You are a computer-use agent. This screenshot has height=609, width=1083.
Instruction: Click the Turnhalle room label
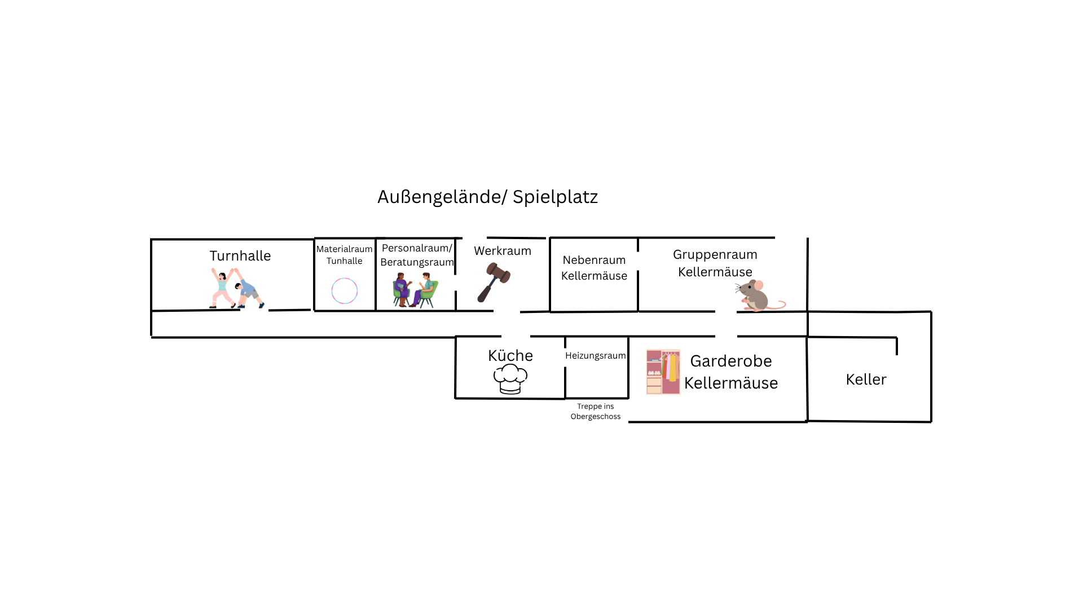click(x=240, y=256)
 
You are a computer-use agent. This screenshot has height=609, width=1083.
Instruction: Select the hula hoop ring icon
click(x=345, y=291)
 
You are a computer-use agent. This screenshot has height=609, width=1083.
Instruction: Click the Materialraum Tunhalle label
click(x=344, y=255)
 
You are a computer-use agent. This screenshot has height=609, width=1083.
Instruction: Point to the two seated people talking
click(x=415, y=290)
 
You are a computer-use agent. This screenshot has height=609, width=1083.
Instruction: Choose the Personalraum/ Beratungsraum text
click(x=417, y=255)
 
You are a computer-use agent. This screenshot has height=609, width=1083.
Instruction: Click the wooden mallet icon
click(x=494, y=282)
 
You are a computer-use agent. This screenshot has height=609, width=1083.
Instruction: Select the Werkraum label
click(x=503, y=251)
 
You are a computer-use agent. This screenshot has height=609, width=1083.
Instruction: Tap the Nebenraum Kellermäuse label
click(x=594, y=268)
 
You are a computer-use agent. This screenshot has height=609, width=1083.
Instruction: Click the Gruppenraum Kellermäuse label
click(x=715, y=263)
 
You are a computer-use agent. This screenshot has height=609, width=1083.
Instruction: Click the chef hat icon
click(x=510, y=378)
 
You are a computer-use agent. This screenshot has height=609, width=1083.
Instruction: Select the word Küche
click(x=510, y=356)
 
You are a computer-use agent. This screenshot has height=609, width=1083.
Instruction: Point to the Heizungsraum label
click(x=596, y=356)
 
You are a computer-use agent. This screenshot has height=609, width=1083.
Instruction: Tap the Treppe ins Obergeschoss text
click(x=596, y=412)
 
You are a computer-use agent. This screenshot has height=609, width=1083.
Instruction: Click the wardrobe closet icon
click(x=663, y=372)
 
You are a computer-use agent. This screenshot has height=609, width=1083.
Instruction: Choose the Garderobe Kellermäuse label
click(x=731, y=372)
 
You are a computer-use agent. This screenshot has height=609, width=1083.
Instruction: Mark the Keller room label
click(x=866, y=379)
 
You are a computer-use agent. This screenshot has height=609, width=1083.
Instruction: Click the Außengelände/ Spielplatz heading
click(x=487, y=197)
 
